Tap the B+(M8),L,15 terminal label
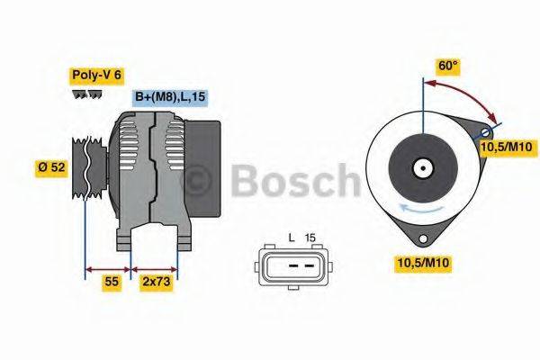(169, 97)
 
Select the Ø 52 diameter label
(50, 166)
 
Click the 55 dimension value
(111, 282)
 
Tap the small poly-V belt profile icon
(88, 94)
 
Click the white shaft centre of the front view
(421, 166)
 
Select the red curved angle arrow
(467, 95)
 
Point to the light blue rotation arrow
(423, 211)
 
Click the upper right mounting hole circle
(487, 132)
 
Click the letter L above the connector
(292, 238)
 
